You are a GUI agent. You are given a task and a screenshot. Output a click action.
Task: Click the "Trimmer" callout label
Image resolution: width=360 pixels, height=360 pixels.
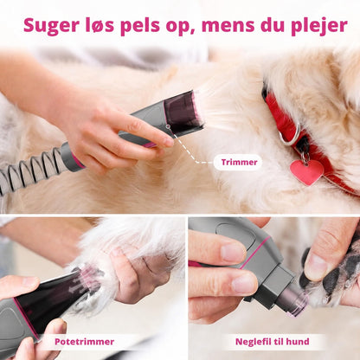(239, 162)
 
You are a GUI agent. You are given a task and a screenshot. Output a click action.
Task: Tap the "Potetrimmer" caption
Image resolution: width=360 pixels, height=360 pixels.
(84, 342)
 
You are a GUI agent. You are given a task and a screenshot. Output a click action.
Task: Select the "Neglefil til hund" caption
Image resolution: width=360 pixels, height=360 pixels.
(273, 342)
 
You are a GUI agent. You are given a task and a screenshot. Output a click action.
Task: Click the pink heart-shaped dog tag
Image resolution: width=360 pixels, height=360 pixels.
(306, 171)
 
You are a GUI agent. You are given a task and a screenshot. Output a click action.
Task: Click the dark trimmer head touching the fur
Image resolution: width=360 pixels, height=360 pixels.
(183, 111)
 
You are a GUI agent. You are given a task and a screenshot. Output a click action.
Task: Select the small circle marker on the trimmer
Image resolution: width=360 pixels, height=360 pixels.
(168, 126)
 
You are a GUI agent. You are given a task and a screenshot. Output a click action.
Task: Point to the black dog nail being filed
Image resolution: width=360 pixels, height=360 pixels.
(304, 280)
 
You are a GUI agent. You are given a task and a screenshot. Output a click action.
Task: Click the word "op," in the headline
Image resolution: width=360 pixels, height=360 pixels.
(180, 28)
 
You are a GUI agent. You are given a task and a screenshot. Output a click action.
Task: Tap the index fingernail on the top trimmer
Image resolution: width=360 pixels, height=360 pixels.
(168, 141)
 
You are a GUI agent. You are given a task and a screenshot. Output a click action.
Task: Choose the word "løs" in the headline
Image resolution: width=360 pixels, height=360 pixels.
(100, 25)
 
